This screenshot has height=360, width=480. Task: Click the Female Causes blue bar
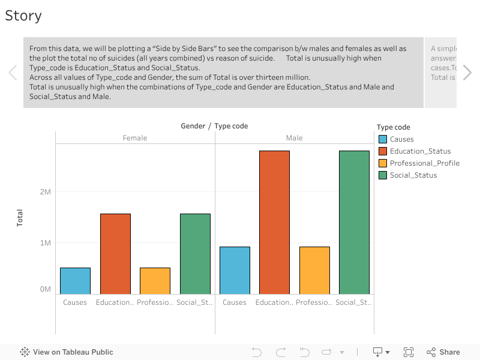click(75, 281)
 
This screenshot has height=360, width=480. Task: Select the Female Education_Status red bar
click(115, 254)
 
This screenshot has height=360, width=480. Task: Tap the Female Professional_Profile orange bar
click(155, 281)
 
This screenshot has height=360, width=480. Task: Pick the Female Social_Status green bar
click(195, 254)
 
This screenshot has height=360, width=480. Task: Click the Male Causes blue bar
click(235, 270)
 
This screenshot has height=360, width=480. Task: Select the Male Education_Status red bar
click(274, 222)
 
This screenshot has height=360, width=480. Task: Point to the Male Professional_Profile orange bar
click(314, 270)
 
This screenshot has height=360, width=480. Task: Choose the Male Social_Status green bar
click(354, 222)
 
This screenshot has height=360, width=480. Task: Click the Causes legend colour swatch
click(382, 139)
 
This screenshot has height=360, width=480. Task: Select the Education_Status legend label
click(420, 151)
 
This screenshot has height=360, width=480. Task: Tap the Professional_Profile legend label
click(424, 163)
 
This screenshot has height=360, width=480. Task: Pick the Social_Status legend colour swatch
click(382, 175)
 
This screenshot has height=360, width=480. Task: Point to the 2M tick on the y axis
click(46, 192)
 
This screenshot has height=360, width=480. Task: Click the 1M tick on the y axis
click(46, 243)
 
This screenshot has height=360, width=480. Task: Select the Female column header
click(135, 138)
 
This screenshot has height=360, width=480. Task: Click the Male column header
click(294, 138)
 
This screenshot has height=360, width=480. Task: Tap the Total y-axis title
click(20, 217)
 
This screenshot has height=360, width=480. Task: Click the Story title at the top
click(23, 16)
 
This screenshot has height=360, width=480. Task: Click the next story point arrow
click(467, 73)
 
